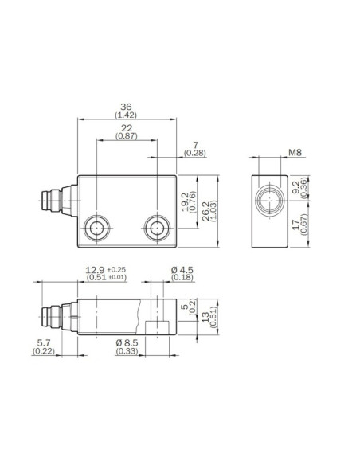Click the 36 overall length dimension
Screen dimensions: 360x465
(x=126, y=107)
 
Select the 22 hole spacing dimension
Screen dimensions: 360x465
(x=127, y=128)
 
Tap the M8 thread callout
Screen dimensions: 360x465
(x=295, y=153)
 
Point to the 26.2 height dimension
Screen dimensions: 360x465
(x=205, y=211)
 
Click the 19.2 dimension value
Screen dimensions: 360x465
(x=185, y=202)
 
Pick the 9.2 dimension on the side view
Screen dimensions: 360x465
(x=296, y=187)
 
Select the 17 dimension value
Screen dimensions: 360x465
(x=296, y=225)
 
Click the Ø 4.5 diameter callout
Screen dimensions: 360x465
(x=182, y=270)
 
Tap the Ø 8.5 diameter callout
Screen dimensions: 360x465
(x=127, y=343)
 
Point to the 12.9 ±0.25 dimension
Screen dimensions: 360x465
(x=106, y=270)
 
